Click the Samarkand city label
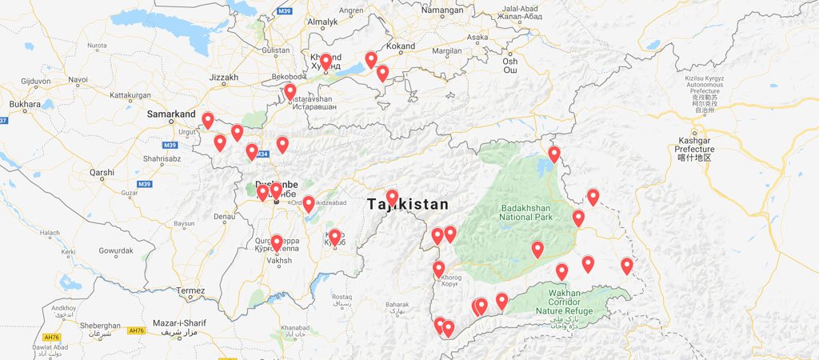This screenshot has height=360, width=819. [x=171, y=114]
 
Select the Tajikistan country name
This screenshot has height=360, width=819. [x=408, y=205]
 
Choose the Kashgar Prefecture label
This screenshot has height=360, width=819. [x=693, y=144]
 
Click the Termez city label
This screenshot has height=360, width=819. [x=191, y=290]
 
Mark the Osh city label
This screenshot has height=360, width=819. [x=509, y=62]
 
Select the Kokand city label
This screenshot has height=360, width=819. [x=401, y=47]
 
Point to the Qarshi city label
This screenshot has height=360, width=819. [x=102, y=172]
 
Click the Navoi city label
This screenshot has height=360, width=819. [x=78, y=79]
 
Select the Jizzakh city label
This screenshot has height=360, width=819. [x=223, y=78]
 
